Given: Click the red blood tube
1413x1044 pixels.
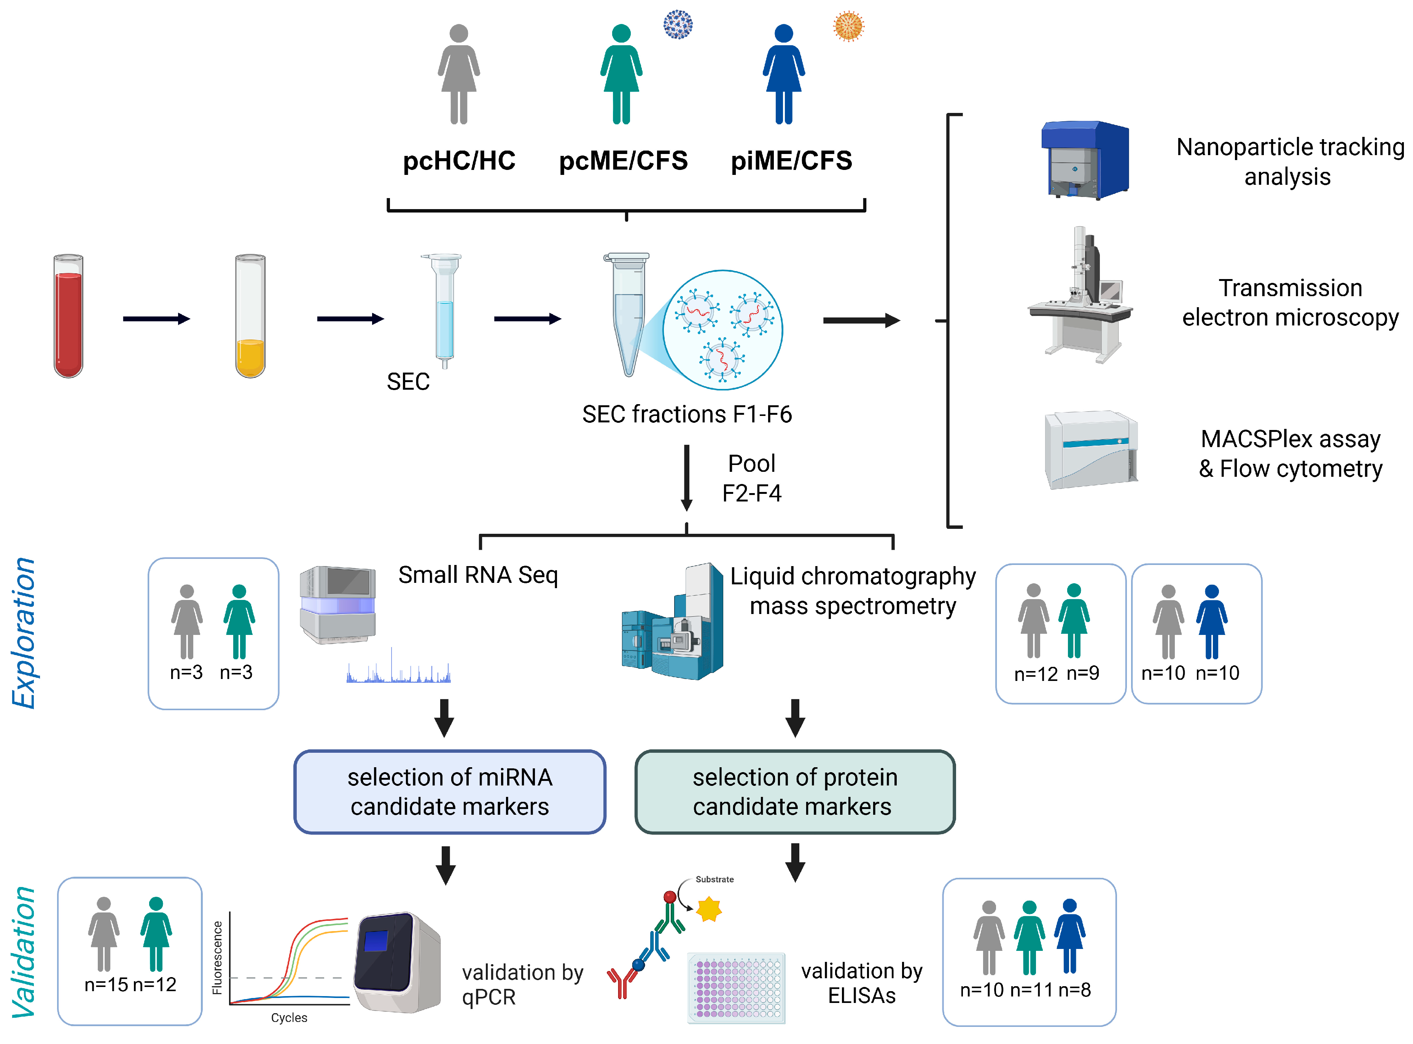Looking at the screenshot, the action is (x=68, y=316).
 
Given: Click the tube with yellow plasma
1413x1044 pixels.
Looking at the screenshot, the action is (x=250, y=316).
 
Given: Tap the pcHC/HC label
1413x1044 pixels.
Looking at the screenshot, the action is (x=459, y=160).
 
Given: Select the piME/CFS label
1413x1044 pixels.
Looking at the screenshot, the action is (x=792, y=160).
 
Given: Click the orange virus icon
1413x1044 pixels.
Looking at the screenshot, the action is (x=848, y=26).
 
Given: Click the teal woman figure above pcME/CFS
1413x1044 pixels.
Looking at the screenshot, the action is (x=621, y=74).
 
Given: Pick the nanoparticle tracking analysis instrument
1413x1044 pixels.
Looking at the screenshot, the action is (x=1085, y=160).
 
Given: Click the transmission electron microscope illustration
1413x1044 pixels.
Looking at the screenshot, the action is (x=1080, y=295).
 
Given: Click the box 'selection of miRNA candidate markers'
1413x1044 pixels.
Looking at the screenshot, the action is (x=450, y=792).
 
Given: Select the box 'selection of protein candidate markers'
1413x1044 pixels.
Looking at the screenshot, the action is (x=795, y=792).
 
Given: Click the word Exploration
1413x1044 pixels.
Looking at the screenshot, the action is (x=24, y=633).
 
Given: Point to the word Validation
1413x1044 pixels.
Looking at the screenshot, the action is (x=24, y=952).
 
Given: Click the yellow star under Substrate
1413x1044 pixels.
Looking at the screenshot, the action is (x=709, y=909).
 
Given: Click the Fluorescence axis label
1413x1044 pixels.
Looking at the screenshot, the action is (x=218, y=957).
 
